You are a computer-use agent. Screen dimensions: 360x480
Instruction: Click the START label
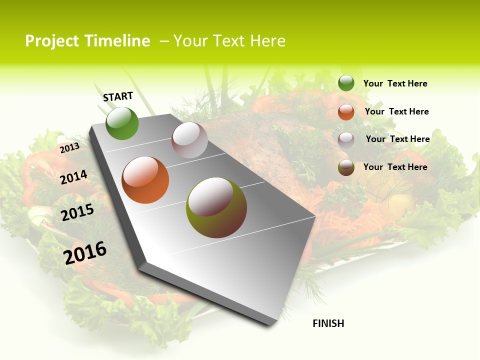click(118, 96)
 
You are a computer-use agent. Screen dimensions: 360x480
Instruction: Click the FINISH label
click(328, 323)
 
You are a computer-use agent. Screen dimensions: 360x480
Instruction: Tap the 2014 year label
click(73, 177)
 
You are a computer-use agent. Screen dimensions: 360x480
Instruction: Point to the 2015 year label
click(77, 212)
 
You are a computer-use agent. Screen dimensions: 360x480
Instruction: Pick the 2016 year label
click(85, 252)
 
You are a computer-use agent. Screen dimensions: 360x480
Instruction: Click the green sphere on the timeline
click(122, 123)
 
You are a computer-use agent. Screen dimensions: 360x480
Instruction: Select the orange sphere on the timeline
click(145, 180)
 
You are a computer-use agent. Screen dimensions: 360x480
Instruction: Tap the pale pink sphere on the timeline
click(189, 140)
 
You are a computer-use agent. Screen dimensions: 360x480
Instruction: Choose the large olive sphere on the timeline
click(216, 207)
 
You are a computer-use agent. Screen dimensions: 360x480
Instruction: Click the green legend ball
click(346, 83)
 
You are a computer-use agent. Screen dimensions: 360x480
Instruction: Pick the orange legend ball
click(346, 112)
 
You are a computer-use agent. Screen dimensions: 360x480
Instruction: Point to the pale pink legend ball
click(346, 139)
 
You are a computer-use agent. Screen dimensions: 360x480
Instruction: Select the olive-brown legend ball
click(346, 167)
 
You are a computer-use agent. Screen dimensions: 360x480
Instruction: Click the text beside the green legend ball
click(395, 83)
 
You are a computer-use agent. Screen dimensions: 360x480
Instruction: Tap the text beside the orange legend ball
click(396, 111)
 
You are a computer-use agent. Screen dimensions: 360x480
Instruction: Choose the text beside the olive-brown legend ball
click(395, 167)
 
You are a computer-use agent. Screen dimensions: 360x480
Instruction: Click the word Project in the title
click(51, 41)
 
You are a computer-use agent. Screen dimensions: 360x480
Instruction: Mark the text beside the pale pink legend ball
click(397, 139)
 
